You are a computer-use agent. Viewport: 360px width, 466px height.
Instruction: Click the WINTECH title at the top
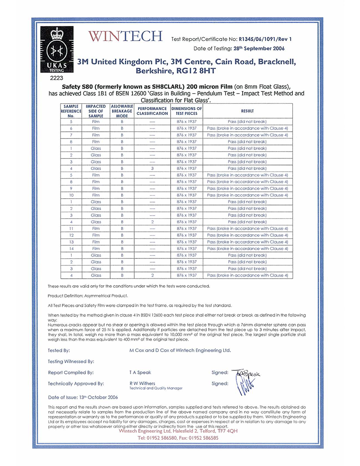(x=125, y=37)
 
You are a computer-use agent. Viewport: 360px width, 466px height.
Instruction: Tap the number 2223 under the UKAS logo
(x=56, y=78)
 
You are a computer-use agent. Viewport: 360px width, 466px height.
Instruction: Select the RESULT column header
(x=247, y=111)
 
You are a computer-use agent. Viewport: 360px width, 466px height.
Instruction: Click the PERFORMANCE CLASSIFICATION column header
(x=152, y=111)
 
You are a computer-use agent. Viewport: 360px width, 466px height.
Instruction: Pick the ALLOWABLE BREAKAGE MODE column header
(x=122, y=111)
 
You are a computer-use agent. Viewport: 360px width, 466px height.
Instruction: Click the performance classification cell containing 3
(x=152, y=168)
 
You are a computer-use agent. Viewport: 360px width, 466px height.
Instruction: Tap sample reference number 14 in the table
(x=71, y=249)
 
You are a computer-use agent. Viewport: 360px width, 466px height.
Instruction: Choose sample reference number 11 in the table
(x=71, y=228)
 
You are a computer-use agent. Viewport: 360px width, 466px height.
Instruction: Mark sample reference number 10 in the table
(x=71, y=195)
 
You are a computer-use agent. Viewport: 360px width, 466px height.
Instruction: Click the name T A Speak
(x=140, y=373)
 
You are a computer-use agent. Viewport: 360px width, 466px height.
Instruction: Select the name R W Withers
(x=142, y=383)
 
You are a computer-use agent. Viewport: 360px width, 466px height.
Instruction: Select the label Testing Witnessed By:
(x=71, y=361)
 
